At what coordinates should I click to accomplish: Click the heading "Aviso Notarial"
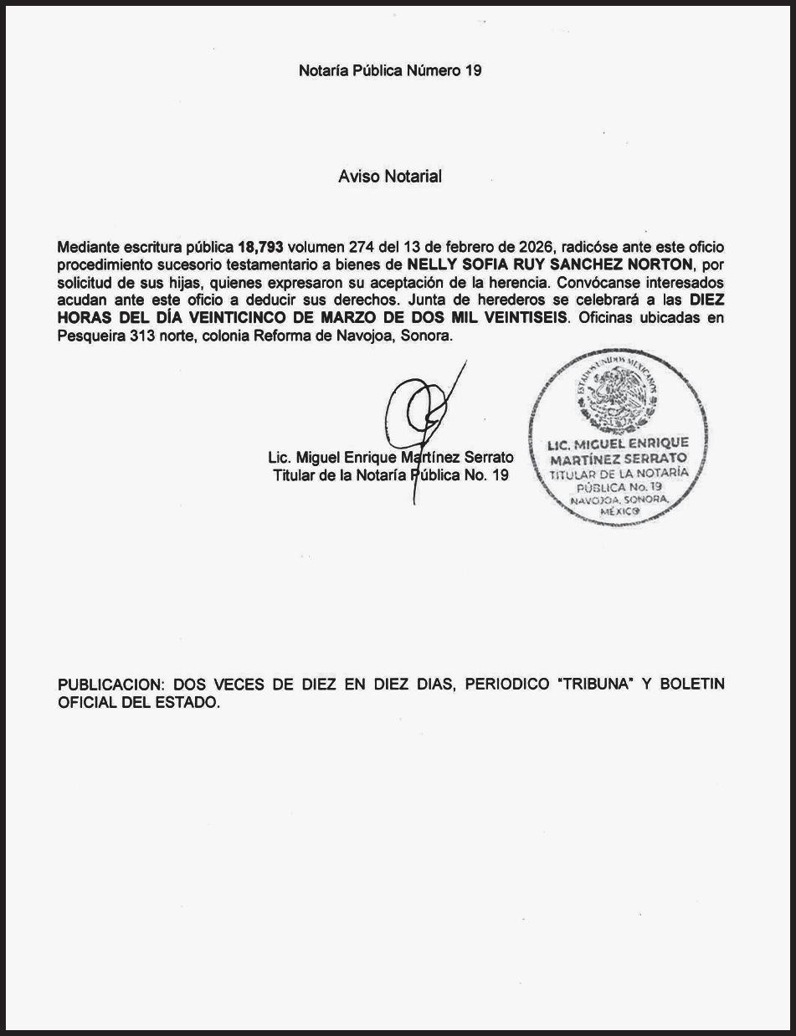390,177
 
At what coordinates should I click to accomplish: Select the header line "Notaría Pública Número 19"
390,71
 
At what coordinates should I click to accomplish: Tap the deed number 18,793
260,248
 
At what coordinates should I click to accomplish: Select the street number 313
141,336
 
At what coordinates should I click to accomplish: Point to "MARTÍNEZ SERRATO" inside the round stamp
618,459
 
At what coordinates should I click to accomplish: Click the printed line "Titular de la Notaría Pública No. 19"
390,476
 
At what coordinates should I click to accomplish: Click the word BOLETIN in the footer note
692,685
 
